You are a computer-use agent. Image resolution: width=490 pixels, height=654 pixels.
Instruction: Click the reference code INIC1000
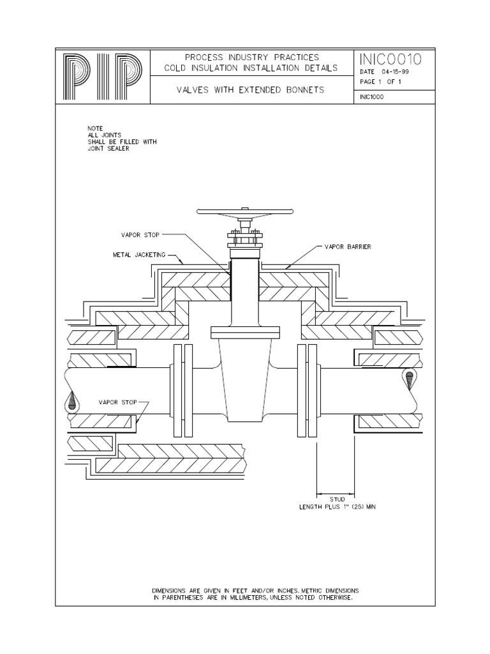pyautogui.click(x=371, y=98)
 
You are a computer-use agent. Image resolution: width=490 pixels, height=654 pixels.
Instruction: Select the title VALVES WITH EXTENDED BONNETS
pyautogui.click(x=250, y=90)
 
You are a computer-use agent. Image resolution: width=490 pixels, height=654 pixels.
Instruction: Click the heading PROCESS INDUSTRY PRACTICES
pyautogui.click(x=249, y=57)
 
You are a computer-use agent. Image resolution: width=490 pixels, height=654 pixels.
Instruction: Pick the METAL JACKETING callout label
pyautogui.click(x=139, y=254)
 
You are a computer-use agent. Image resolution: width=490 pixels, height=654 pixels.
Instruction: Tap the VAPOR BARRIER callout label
pyautogui.click(x=348, y=246)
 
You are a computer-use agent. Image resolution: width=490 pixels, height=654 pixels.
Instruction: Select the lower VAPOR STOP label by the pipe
pyautogui.click(x=118, y=403)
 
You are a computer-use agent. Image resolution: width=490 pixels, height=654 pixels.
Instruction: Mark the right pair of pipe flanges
pyautogui.click(x=308, y=391)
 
